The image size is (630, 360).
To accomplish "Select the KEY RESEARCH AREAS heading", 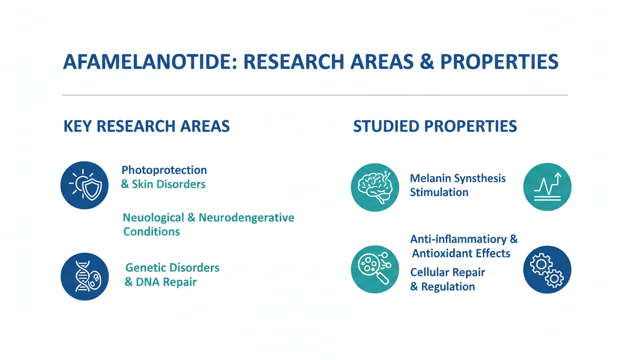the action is (147, 126).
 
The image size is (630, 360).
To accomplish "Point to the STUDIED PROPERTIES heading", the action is (435, 126).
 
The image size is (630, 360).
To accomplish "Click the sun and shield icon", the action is (85, 185).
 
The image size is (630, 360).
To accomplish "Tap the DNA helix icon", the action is (85, 277).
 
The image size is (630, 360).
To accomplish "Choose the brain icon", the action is (375, 187).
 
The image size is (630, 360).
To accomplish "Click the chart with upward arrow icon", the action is (547, 187).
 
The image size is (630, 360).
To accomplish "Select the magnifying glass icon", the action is (375, 270).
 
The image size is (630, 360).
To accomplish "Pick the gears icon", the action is (547, 270).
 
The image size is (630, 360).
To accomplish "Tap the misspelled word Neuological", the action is (154, 218).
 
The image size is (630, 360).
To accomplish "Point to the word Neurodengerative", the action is (247, 217).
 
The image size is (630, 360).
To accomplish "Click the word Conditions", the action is (151, 232).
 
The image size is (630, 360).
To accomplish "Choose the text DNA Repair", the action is (166, 282).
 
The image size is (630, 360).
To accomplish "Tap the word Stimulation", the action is (439, 192).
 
